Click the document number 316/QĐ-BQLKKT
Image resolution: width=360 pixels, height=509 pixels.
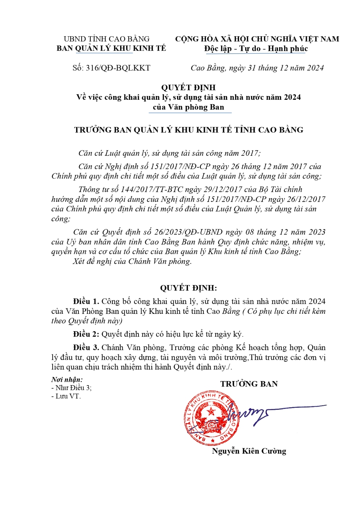pos(118,68)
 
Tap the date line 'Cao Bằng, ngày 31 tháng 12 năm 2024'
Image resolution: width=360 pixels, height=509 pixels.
pos(257,68)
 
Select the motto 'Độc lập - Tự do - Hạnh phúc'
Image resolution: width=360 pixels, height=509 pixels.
pos(256,49)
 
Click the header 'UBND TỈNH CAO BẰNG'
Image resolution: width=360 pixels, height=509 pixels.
pos(107,39)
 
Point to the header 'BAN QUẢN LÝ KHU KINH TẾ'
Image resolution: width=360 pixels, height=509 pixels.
pos(111,48)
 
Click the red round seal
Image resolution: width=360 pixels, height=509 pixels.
pos(211,418)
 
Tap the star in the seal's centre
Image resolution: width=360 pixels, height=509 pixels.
pos(211,412)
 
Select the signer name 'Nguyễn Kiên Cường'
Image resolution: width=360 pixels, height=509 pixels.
pos(249,451)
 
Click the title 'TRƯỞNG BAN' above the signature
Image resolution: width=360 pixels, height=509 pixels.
pos(249,384)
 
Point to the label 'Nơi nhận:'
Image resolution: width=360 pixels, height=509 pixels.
pos(67,379)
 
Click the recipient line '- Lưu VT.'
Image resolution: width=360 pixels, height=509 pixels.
pos(66,396)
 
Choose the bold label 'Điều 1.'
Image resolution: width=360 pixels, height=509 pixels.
pos(86,301)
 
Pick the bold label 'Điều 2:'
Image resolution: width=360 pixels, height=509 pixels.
pos(86,334)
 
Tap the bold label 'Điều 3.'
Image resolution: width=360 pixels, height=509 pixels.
pos(86,347)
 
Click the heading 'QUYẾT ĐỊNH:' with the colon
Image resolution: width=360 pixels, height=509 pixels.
pos(188,288)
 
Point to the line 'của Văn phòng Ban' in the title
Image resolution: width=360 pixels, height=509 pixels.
pos(188,107)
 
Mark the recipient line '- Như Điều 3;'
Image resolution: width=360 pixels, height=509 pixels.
pos(71,388)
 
